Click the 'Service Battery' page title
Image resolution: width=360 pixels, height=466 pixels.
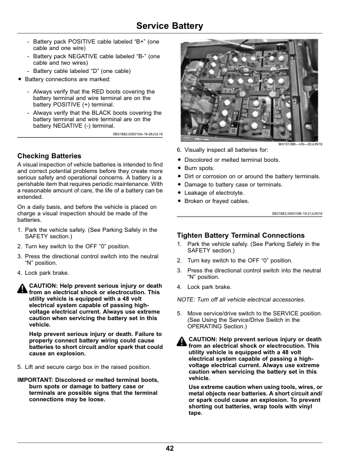pyautogui.click(x=169, y=26)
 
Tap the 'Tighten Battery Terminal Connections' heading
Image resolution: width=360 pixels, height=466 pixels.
pyautogui.click(x=241, y=235)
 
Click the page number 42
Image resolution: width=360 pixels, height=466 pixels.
pyautogui.click(x=169, y=448)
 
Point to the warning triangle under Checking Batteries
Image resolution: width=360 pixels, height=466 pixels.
pyautogui.click(x=22, y=287)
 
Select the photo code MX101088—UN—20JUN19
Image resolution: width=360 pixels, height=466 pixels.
pyautogui.click(x=304, y=144)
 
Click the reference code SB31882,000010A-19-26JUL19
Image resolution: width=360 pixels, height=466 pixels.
pyautogui.click(x=138, y=134)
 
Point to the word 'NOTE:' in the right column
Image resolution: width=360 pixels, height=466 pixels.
pyautogui.click(x=187, y=299)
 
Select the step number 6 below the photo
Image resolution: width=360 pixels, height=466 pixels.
pyautogui.click(x=179, y=151)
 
